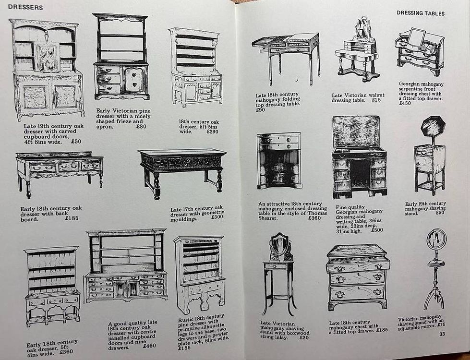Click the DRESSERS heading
click(25, 7)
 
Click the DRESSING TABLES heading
click(421, 13)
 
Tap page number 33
click(442, 334)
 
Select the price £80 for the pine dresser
click(141, 127)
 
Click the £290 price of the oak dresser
click(212, 132)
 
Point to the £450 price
click(405, 103)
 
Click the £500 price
click(377, 230)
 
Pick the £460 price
click(150, 346)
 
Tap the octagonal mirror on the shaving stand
click(433, 127)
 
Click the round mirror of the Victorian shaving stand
click(436, 239)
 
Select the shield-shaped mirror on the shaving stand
click(279, 243)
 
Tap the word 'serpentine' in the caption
click(411, 89)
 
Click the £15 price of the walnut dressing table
click(376, 100)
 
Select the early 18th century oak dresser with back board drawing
click(60, 174)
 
